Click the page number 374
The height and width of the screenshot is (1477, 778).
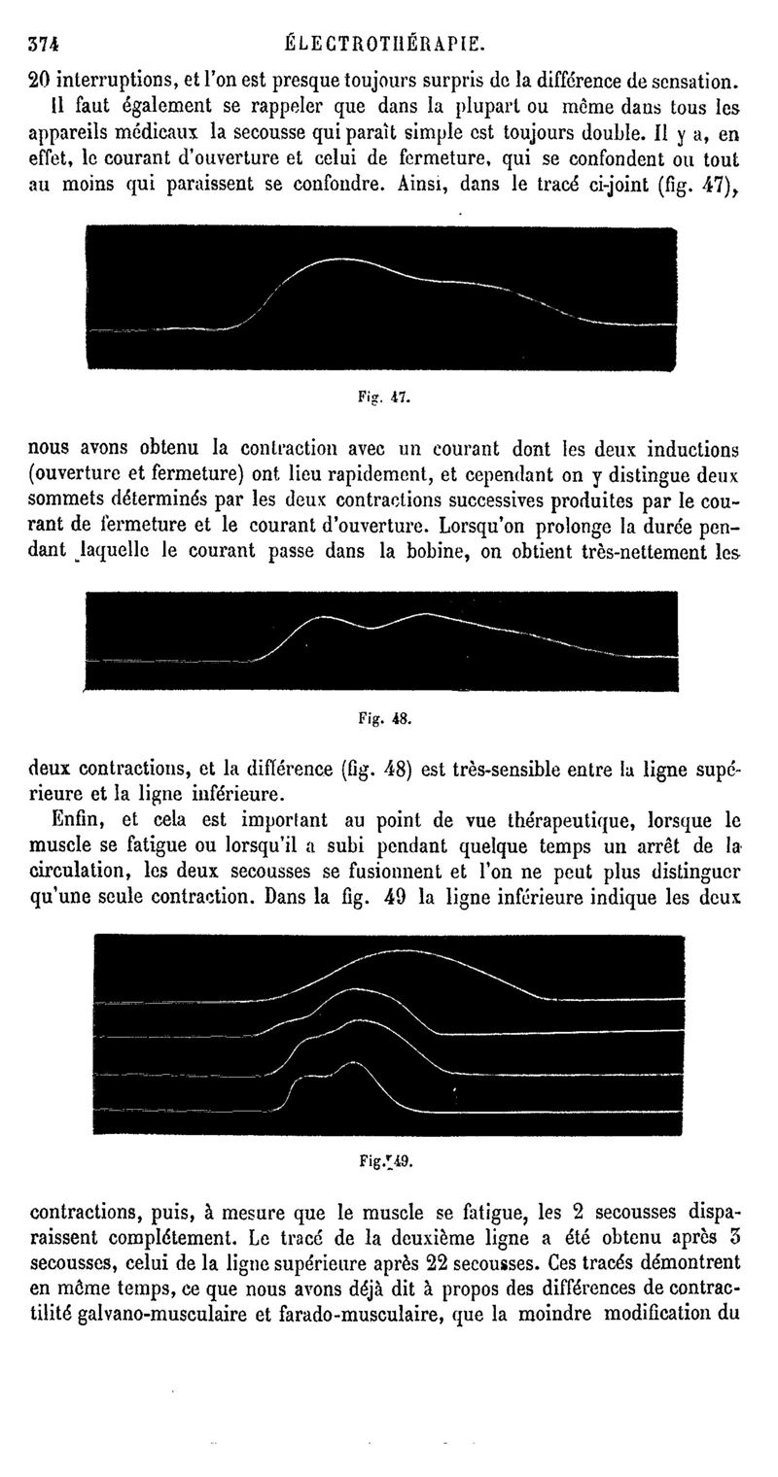(46, 44)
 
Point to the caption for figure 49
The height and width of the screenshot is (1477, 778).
(387, 1159)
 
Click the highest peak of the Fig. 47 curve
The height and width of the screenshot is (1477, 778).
(338, 259)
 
